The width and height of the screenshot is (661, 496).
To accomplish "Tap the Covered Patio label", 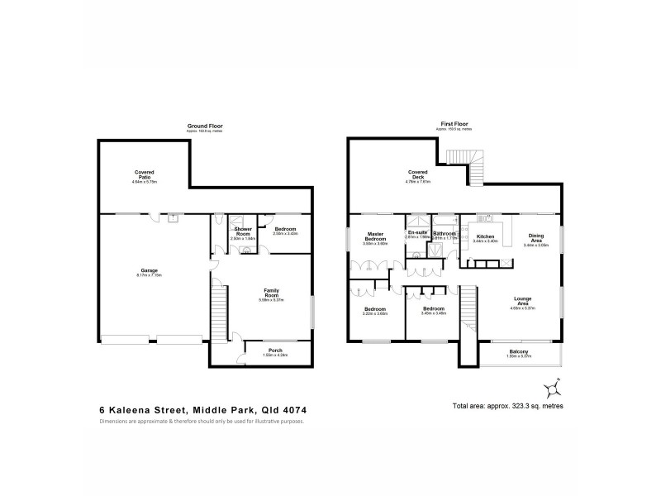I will (x=145, y=175).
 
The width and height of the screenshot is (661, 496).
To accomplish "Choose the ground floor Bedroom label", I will (x=285, y=230).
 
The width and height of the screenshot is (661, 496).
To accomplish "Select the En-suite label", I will (x=417, y=234).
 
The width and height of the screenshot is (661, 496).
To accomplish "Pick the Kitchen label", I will (x=485, y=238).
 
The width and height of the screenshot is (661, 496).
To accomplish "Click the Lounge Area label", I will (x=522, y=301).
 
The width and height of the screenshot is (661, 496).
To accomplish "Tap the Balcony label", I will (x=519, y=351).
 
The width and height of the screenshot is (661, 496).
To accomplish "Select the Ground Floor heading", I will (x=205, y=125).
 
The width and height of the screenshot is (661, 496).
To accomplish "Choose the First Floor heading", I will (x=454, y=125).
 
